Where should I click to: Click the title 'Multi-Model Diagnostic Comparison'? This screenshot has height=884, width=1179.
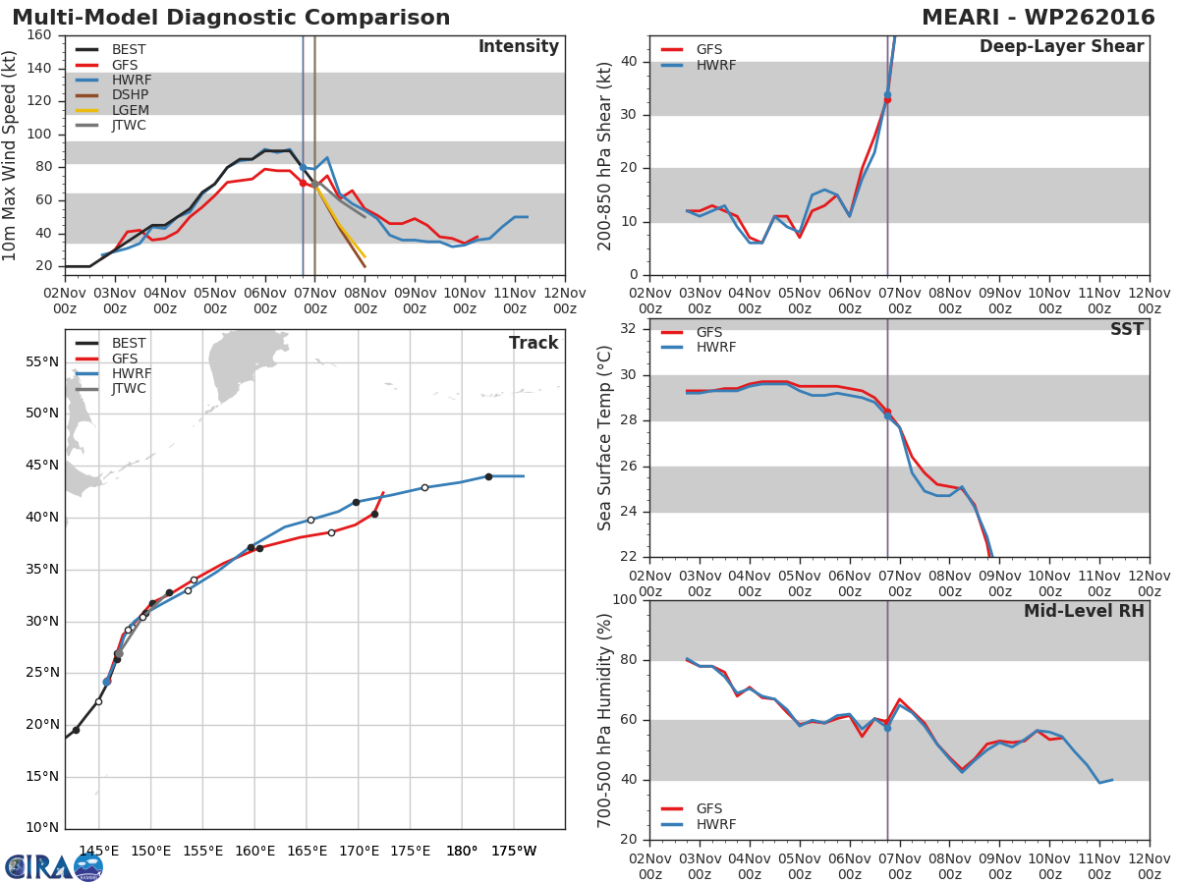tap(231, 18)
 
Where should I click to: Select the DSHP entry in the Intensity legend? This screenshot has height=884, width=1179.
tap(130, 95)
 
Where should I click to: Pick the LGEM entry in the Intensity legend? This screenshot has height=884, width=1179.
tap(131, 110)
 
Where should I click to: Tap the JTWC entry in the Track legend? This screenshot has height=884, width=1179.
tap(129, 389)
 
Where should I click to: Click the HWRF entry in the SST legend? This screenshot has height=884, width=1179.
tap(715, 348)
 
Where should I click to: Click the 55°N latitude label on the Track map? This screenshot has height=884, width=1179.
tap(40, 361)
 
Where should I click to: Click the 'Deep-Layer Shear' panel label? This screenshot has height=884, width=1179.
tap(1061, 47)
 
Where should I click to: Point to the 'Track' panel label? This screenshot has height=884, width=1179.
tap(533, 343)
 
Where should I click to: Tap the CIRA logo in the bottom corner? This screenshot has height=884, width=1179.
tap(54, 866)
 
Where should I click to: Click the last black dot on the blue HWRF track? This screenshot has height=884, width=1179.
tap(488, 476)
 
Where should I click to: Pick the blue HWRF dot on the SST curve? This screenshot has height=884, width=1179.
tap(887, 416)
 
